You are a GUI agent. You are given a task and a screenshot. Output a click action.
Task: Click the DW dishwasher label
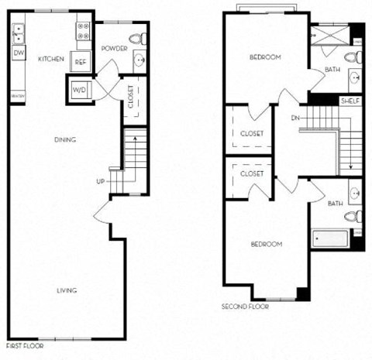pos(19,53)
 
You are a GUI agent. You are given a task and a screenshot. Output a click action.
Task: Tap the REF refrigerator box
pos(81,62)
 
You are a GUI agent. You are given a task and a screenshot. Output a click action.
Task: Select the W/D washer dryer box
pos(80,90)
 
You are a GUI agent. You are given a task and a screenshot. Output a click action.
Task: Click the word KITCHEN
pos(50,59)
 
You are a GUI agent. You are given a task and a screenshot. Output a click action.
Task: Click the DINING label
pos(64,140)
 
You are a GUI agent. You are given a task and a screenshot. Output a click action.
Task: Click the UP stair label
pos(100,183)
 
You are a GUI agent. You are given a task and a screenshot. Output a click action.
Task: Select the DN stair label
pos(294,118)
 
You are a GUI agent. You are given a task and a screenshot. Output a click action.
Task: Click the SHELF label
pos(350,101)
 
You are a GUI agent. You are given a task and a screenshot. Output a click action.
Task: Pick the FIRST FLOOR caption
pos(25,346)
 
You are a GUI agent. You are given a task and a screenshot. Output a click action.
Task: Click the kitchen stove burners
pos(83,31)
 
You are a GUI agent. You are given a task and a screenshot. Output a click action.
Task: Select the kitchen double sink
pos(19,33)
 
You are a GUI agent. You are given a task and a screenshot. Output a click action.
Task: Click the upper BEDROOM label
pos(265,57)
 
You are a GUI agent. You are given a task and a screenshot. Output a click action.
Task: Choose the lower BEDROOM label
pos(266,244)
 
